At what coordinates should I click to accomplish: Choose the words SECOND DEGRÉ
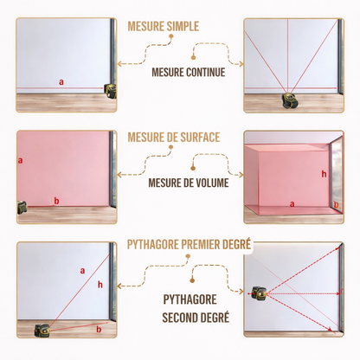[196, 316]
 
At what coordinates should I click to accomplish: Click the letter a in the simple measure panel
[61, 82]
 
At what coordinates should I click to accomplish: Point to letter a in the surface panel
[20, 160]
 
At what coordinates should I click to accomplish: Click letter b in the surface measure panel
[56, 201]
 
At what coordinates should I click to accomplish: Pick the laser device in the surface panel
[22, 208]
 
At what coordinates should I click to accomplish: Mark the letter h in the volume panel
[323, 174]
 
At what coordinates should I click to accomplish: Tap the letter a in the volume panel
[292, 204]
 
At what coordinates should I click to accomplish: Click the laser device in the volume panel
[336, 204]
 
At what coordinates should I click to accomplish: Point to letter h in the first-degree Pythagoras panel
[100, 285]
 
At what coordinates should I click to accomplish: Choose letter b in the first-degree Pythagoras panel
[98, 329]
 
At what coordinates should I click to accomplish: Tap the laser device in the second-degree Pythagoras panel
[257, 295]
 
